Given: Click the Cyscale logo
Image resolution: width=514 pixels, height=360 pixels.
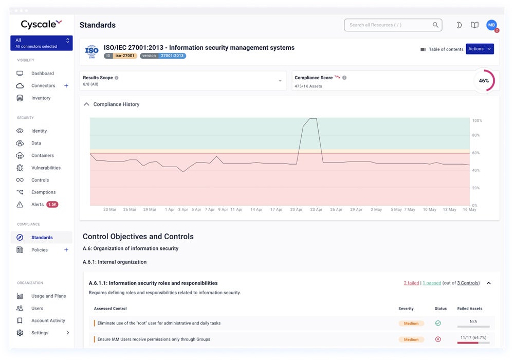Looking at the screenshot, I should [41, 24].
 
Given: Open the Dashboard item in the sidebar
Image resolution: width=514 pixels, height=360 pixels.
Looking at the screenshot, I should [42, 74].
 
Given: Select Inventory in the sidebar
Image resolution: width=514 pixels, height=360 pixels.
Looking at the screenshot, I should [41, 98].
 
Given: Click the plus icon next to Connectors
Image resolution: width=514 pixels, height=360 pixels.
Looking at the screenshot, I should [66, 86].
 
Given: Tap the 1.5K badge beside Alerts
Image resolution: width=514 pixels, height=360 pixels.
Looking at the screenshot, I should [52, 205].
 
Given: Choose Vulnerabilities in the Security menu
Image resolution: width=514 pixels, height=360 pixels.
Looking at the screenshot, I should [46, 168].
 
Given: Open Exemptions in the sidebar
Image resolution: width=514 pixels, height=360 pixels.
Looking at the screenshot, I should [43, 192].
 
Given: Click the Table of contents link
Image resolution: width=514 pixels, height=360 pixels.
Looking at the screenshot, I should [442, 49].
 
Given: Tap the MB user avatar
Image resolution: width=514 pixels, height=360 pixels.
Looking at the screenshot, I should [491, 25].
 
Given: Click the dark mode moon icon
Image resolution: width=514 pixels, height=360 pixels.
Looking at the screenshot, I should [459, 25].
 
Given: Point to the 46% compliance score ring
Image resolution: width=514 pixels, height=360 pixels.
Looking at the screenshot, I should [484, 81].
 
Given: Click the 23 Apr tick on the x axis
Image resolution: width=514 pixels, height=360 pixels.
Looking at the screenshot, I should [316, 210].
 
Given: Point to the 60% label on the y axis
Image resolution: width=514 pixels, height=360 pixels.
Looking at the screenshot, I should [476, 153].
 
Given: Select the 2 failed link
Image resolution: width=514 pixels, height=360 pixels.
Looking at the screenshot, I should [411, 283].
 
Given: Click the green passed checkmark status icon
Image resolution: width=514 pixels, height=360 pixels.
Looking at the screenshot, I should [438, 323].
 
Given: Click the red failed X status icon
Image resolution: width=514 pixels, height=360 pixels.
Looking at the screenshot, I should [438, 339].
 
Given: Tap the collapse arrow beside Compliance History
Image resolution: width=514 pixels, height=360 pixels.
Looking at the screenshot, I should [86, 104].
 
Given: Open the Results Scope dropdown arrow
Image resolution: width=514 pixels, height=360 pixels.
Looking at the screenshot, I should [280, 81].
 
